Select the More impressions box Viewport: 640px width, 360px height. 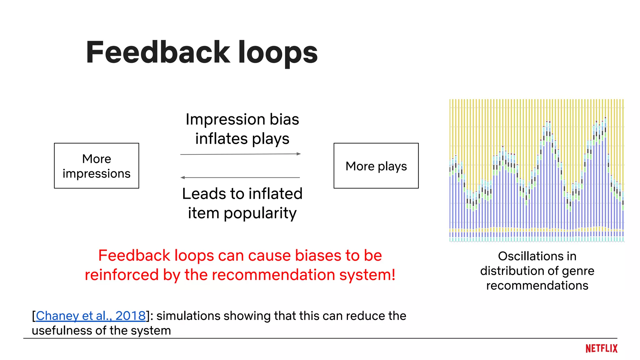tap(96, 166)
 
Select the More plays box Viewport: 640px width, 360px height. tap(376, 166)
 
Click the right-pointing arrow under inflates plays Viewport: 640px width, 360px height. tap(240, 154)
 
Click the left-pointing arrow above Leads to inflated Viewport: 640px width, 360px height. tap(240, 177)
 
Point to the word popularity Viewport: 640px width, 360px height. tap(260, 213)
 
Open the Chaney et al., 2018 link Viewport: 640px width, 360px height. tap(91, 316)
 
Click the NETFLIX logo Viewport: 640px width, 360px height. tap(601, 348)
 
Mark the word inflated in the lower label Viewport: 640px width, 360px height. tap(277, 194)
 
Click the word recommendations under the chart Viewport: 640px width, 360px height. tap(537, 285)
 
